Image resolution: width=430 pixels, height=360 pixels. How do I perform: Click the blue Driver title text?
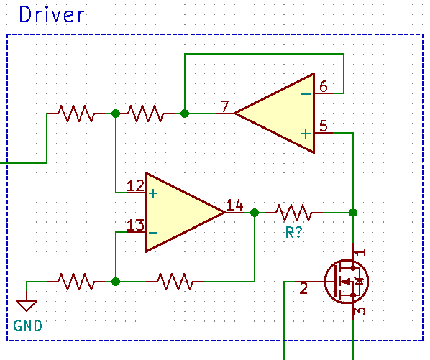(52, 15)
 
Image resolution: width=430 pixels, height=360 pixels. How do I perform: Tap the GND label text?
(27, 326)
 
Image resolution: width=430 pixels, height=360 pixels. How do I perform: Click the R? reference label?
(293, 233)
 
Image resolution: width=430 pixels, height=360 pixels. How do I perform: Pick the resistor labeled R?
(293, 213)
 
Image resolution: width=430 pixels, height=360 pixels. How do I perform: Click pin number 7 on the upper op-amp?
(225, 108)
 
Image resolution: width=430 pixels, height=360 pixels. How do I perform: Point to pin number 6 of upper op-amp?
(324, 86)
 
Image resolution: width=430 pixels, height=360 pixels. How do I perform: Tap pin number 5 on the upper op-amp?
(324, 126)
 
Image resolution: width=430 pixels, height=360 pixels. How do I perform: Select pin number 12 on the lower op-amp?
(135, 186)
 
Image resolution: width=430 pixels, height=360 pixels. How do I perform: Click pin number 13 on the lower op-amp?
(135, 226)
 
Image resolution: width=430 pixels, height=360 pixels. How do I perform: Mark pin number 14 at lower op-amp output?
(234, 206)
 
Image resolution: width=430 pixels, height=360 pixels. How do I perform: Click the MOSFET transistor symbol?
(345, 281)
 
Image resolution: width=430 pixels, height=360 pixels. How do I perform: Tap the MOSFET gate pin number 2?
(303, 289)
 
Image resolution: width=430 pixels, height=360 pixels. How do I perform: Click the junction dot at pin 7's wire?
(185, 114)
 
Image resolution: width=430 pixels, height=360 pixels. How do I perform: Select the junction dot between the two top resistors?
(116, 114)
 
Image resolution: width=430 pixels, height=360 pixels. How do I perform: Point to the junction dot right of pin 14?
(254, 213)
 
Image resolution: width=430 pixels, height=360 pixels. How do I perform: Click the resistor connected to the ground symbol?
(76, 281)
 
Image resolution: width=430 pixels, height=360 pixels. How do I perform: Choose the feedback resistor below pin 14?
(175, 281)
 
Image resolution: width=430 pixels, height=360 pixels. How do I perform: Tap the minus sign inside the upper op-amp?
(306, 93)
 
